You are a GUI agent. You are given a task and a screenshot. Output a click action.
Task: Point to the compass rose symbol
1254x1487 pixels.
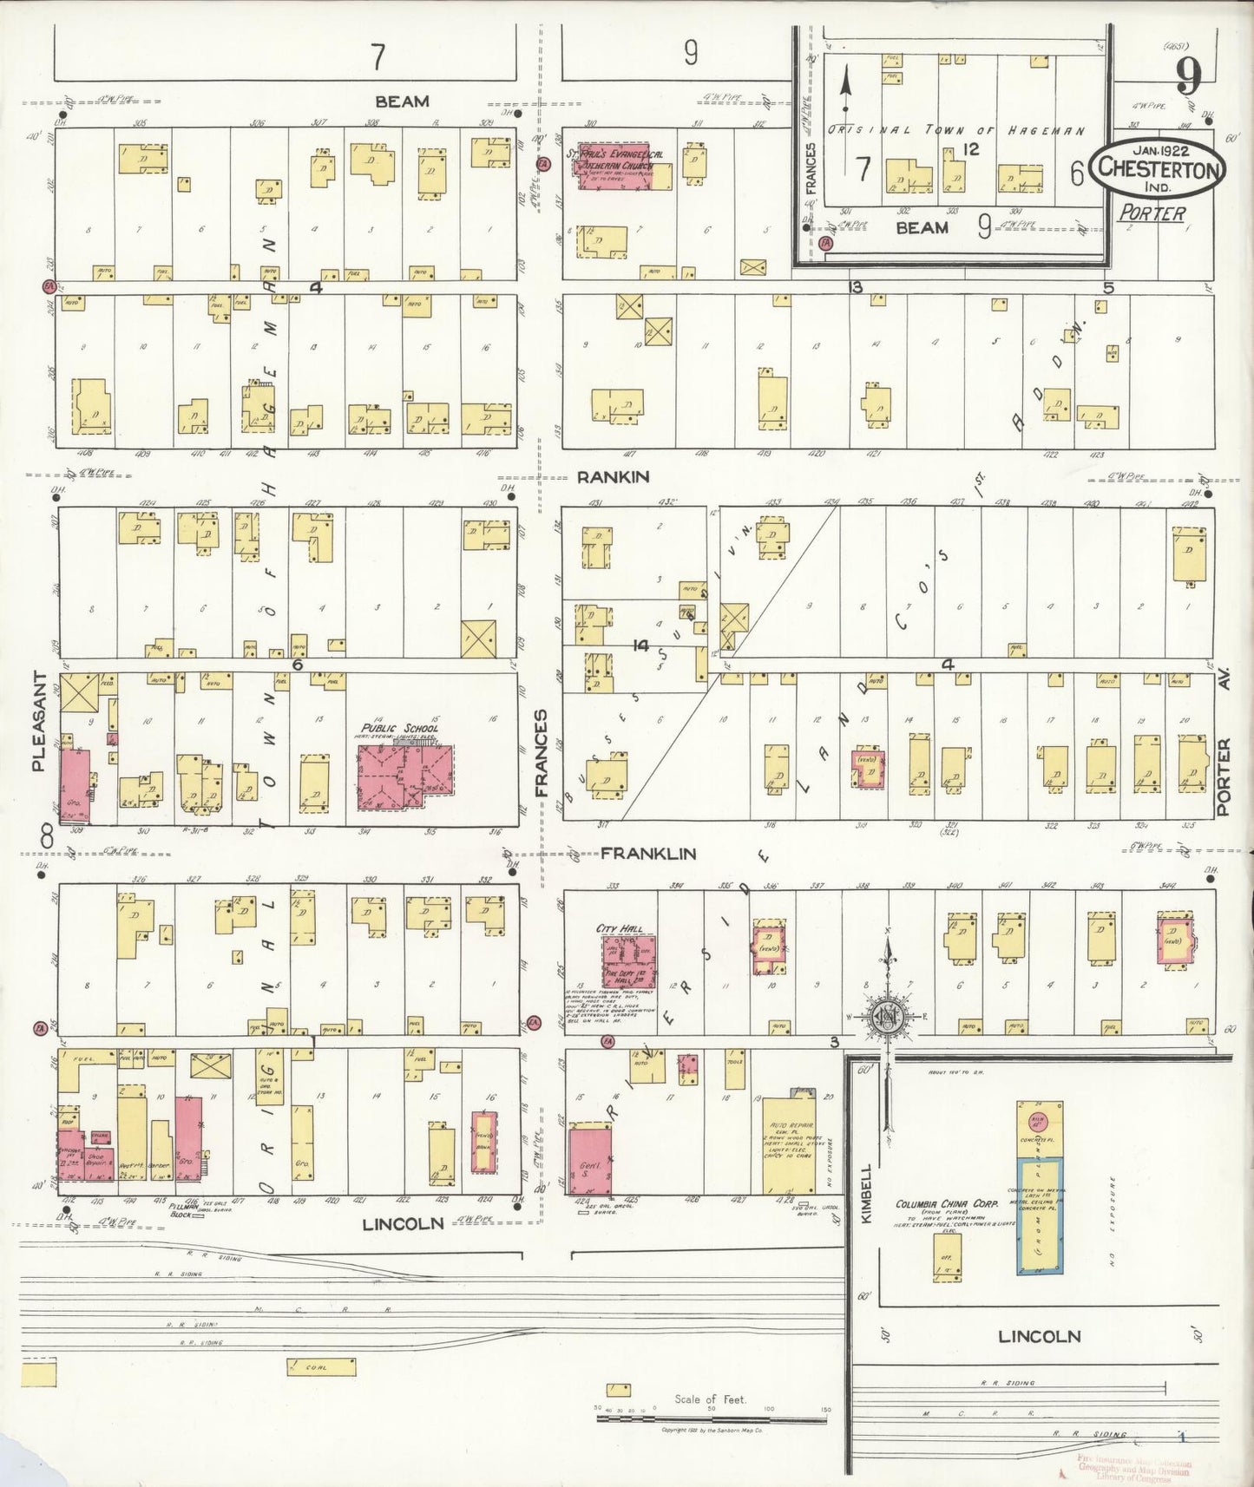pos(890,1017)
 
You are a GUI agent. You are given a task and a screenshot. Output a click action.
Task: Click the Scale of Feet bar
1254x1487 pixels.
pos(712,1419)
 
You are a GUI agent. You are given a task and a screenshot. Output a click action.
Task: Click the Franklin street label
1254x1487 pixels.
pos(647,854)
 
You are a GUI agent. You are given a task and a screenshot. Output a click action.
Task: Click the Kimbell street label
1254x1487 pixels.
pos(864,1194)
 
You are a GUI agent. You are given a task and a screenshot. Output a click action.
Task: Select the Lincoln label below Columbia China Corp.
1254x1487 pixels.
pos(1039,1337)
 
